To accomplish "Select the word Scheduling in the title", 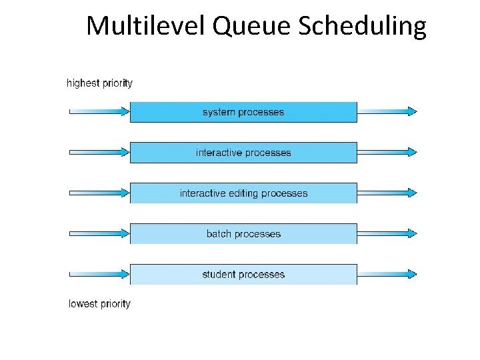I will [x=362, y=27].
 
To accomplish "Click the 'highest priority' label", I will [x=99, y=83].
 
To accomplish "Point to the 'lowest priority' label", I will [x=99, y=304].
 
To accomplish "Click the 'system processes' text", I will [x=243, y=112].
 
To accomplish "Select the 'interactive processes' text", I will [x=243, y=153].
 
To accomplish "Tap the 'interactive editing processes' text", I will [x=243, y=193].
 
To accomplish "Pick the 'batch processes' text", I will [x=243, y=234].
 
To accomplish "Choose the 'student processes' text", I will [x=243, y=275].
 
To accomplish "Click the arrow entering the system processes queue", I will [x=99, y=111].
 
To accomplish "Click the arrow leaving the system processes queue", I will [x=387, y=111].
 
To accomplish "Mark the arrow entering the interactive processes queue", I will [x=99, y=152].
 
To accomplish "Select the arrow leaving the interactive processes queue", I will [x=387, y=152].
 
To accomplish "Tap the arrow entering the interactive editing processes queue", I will [x=99, y=193].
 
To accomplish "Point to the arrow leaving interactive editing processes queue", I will [x=387, y=193].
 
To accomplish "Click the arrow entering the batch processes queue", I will [x=99, y=233].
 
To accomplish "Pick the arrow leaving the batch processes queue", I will [x=387, y=233].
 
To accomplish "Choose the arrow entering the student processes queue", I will [x=99, y=274].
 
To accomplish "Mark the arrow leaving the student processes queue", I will [x=387, y=274].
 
